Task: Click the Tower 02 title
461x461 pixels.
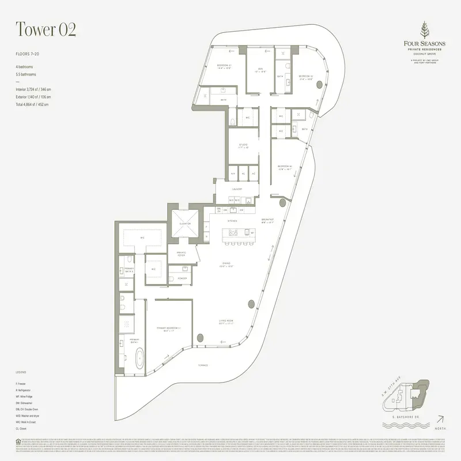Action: click(x=46, y=29)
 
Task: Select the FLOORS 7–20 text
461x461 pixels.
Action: click(x=28, y=54)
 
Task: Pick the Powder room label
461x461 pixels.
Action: click(x=182, y=278)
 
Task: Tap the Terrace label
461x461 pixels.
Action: click(x=203, y=366)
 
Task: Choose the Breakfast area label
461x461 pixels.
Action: click(x=267, y=220)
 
